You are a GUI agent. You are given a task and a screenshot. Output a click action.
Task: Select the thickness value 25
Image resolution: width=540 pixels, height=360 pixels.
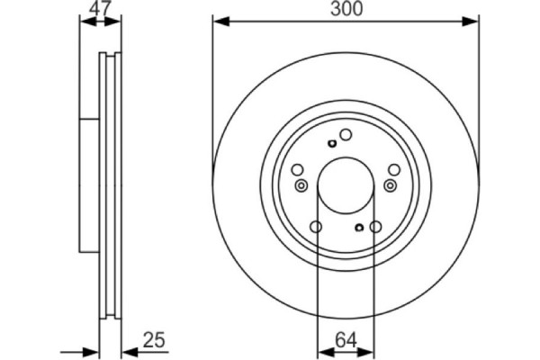click(x=156, y=340)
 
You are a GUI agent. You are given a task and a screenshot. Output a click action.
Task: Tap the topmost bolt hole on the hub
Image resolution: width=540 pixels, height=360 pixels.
click(x=345, y=135)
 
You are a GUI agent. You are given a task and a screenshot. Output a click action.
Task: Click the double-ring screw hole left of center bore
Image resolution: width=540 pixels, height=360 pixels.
click(x=301, y=185)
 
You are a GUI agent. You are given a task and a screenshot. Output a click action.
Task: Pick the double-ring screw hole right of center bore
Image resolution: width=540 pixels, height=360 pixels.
click(x=390, y=185)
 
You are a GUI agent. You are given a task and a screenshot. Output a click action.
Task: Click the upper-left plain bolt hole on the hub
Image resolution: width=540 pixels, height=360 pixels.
click(x=298, y=168)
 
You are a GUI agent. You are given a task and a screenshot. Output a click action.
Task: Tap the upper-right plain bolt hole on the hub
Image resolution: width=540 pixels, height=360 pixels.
click(x=391, y=168)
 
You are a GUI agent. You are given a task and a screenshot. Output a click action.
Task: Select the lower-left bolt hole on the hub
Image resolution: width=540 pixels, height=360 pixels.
click(x=315, y=228)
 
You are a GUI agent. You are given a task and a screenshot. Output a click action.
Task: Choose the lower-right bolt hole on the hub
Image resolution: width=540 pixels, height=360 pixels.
click(x=375, y=228)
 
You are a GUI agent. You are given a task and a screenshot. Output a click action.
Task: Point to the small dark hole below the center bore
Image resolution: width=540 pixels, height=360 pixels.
click(x=358, y=228)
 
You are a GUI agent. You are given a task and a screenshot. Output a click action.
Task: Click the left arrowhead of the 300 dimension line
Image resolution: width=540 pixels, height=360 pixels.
click(x=219, y=20)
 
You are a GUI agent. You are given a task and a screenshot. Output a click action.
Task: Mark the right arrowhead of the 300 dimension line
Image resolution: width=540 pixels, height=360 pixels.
click(x=472, y=20)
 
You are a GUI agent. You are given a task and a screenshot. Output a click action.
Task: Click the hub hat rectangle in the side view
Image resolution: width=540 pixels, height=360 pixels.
click(x=88, y=184)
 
